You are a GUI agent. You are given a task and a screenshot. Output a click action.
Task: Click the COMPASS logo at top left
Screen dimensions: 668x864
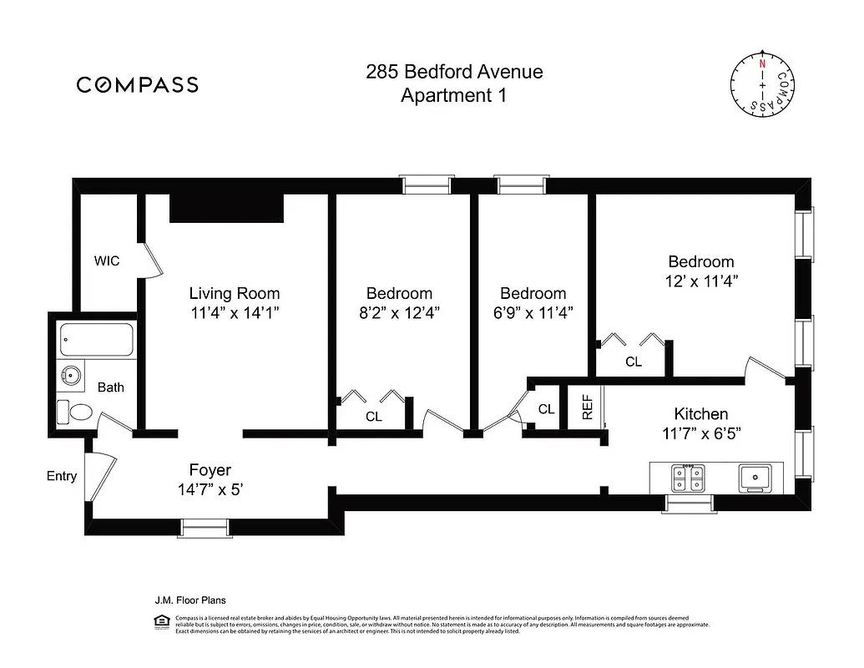point(138,84)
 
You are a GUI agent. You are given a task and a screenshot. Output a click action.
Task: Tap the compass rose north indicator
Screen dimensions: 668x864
point(761,63)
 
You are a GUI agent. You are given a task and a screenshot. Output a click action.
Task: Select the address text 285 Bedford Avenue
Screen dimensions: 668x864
point(454,72)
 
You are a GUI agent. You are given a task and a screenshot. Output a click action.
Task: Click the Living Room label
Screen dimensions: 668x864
point(234,293)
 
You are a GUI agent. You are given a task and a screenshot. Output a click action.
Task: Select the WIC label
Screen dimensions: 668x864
point(107,261)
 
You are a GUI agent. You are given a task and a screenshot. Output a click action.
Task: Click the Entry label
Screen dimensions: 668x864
point(62,476)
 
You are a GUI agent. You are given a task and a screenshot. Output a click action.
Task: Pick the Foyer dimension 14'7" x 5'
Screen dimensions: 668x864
point(210,490)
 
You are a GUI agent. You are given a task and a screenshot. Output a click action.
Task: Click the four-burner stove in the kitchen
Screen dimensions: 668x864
point(690,477)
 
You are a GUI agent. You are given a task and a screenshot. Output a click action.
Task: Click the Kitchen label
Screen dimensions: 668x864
point(700,413)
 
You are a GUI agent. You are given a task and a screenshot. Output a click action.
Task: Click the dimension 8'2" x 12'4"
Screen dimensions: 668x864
point(399,313)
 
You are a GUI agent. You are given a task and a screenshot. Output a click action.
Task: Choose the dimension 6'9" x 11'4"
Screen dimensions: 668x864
point(533,313)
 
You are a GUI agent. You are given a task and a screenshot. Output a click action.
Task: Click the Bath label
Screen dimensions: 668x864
point(111,387)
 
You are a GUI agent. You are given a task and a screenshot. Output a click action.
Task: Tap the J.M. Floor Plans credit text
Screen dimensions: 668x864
point(190,600)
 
